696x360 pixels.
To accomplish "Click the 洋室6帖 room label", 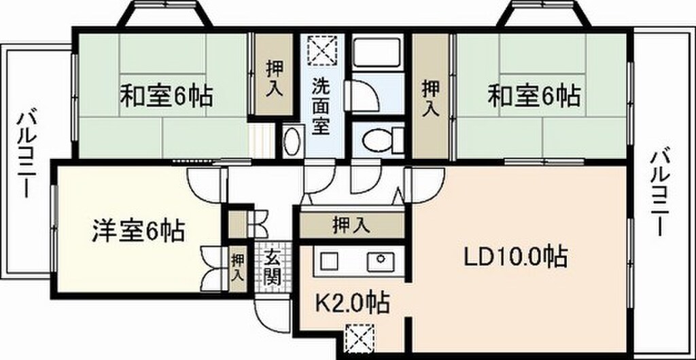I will [138, 232].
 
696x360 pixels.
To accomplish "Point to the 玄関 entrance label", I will [273, 267].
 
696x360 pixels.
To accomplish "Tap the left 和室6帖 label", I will [167, 96].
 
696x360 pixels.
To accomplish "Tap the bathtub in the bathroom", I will [377, 52].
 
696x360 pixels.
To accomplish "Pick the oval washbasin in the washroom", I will [292, 142].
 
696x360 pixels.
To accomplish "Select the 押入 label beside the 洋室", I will [237, 267].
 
